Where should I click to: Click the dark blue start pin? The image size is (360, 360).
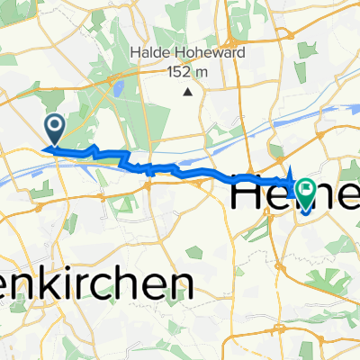pos(54,129)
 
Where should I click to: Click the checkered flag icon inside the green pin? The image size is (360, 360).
pos(307,189)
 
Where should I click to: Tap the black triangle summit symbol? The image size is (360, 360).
pos(187,92)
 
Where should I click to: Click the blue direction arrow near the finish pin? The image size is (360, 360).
pos(292,175)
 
